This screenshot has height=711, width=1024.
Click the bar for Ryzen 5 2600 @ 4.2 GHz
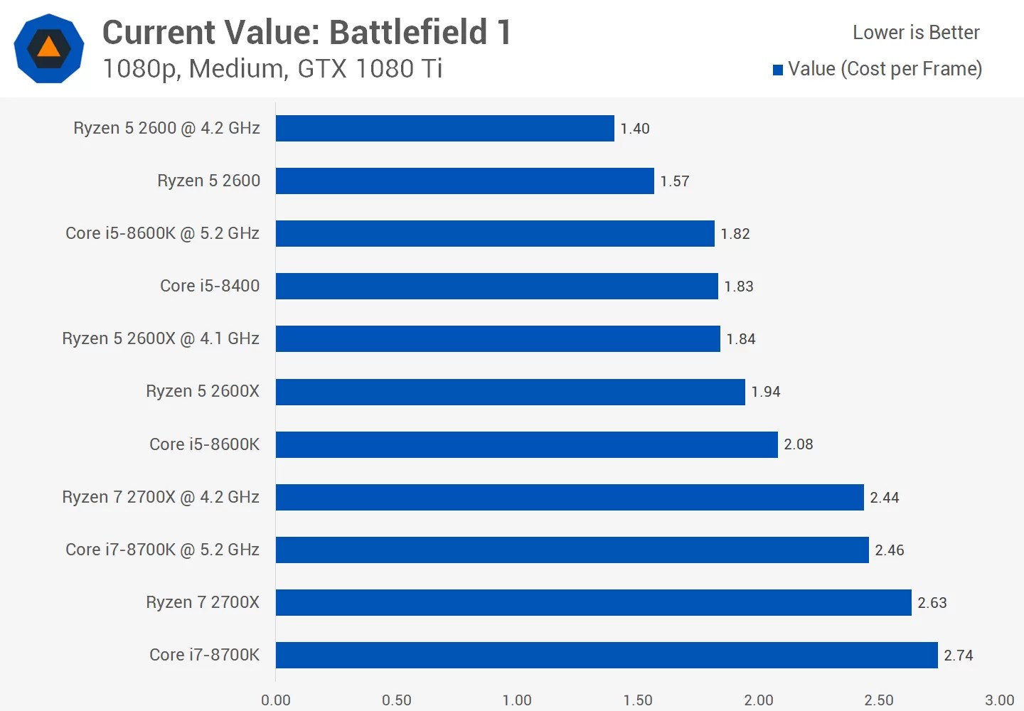click(x=444, y=129)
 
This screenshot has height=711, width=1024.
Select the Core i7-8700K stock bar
click(x=607, y=655)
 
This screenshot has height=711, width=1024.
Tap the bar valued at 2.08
click(x=526, y=444)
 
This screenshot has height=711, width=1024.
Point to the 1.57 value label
click(x=674, y=181)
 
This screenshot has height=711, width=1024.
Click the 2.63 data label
click(x=932, y=603)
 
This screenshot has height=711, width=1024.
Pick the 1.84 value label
click(x=740, y=339)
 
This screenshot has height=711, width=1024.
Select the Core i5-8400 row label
click(x=210, y=286)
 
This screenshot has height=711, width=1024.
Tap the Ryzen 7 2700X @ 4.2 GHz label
click(x=161, y=497)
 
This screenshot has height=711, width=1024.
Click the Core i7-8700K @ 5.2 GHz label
click(x=162, y=550)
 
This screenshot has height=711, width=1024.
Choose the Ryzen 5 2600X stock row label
click(x=203, y=391)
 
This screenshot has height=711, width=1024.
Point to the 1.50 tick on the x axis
click(x=638, y=700)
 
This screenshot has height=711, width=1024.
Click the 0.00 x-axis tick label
click(x=276, y=700)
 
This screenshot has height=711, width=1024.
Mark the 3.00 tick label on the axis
click(x=999, y=700)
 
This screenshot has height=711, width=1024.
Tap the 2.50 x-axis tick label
click(x=879, y=700)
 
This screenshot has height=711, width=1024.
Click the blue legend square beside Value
click(x=778, y=70)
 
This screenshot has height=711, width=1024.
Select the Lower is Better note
click(x=916, y=33)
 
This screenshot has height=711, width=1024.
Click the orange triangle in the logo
click(x=48, y=48)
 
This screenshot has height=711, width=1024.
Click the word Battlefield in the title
click(x=409, y=33)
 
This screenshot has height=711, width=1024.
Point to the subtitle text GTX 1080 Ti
click(x=370, y=69)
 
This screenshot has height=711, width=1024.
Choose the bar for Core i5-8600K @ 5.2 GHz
click(x=495, y=234)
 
